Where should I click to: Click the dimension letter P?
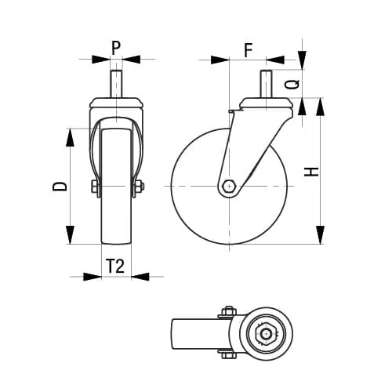pos(116,47)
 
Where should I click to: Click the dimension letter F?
pos(248,51)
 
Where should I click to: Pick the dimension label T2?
pos(115,267)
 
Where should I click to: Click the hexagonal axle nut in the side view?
pos(228,187)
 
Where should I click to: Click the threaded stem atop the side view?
pos(265,85)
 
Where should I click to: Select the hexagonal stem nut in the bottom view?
pos(267,336)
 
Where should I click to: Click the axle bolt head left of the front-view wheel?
pos(94,187)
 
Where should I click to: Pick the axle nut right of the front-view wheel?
pos(140,187)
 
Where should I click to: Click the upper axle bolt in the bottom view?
pos(229,312)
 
